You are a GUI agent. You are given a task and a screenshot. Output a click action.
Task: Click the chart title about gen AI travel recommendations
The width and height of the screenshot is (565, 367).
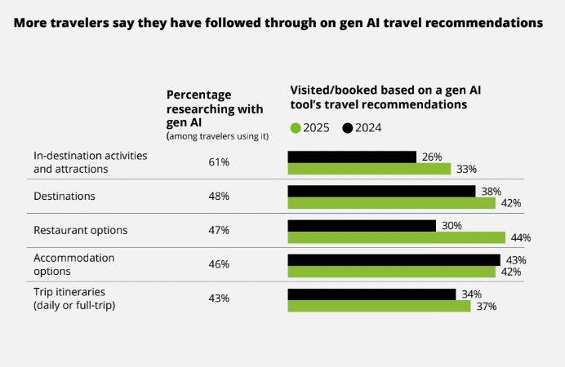tap(278, 24)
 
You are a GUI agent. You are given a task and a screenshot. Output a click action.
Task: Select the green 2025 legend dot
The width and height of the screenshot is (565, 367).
tap(296, 127)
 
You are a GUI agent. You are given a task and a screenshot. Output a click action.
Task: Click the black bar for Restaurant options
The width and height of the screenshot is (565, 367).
tap(362, 225)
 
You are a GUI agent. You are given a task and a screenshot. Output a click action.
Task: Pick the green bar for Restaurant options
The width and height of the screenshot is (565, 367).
tap(396, 237)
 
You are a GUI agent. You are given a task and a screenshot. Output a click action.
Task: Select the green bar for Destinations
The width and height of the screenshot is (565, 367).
tap(391, 203)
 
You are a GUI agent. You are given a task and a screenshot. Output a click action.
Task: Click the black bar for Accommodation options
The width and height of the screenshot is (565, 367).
tap(394, 259)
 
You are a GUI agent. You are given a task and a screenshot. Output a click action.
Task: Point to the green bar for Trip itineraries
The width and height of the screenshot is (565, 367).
tap(379, 306)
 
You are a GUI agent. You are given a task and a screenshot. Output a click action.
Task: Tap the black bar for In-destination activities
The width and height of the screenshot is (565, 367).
tap(352, 157)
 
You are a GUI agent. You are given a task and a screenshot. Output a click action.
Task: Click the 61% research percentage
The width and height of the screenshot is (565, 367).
tap(219, 162)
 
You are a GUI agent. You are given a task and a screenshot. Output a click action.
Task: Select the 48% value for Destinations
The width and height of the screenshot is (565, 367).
tap(219, 197)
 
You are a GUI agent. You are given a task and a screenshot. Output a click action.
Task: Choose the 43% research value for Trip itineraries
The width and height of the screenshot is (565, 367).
tap(219, 298)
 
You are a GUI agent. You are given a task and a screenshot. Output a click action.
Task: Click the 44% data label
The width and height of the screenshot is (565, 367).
tap(520, 238)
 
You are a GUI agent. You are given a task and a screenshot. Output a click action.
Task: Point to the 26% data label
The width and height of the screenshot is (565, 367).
tap(431, 157)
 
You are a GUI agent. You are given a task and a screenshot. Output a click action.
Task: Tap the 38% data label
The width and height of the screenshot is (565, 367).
tap(490, 191)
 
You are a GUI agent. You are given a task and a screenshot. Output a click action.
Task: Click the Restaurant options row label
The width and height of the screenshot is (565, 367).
tap(80, 230)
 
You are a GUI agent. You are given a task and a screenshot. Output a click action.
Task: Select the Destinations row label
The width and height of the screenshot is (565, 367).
tap(65, 197)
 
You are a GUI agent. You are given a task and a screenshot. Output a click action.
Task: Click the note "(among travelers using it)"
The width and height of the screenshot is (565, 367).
tap(217, 135)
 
